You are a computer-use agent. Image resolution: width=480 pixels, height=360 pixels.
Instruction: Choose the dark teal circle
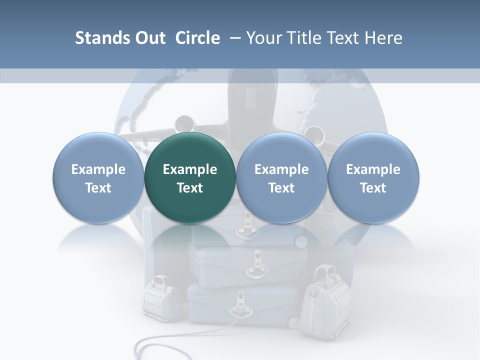tap(190, 177)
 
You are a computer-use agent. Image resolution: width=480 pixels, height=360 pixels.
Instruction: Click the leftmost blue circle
tap(98, 177)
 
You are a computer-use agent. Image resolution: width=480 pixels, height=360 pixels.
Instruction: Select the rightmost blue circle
tap(373, 177)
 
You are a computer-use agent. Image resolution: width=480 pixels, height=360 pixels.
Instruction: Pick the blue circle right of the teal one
tap(281, 177)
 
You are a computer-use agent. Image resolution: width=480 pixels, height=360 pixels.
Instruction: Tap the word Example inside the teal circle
tap(190, 169)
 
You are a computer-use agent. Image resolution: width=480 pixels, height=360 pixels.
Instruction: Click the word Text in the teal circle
tap(190, 188)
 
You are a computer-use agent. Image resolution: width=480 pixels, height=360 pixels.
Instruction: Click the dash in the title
tap(233, 38)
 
